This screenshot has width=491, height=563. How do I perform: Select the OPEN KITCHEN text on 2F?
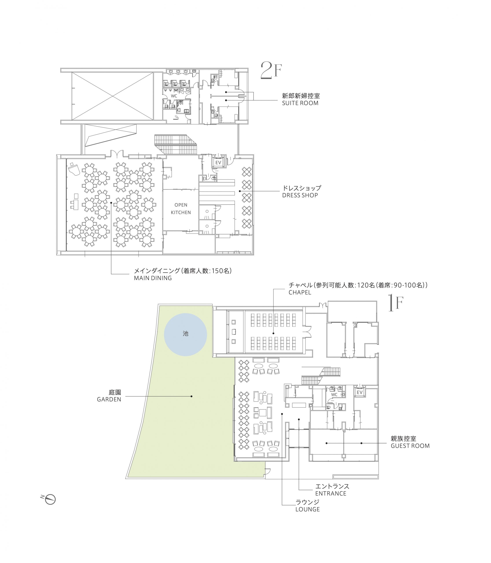tap(181, 209)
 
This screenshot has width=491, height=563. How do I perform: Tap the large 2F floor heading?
tap(271, 70)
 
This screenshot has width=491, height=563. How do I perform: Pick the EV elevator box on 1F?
tap(359, 392)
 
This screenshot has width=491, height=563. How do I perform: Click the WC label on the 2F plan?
tap(174, 96)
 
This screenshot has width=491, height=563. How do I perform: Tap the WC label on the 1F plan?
tap(334, 395)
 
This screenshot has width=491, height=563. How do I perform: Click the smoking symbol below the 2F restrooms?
tap(177, 117)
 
